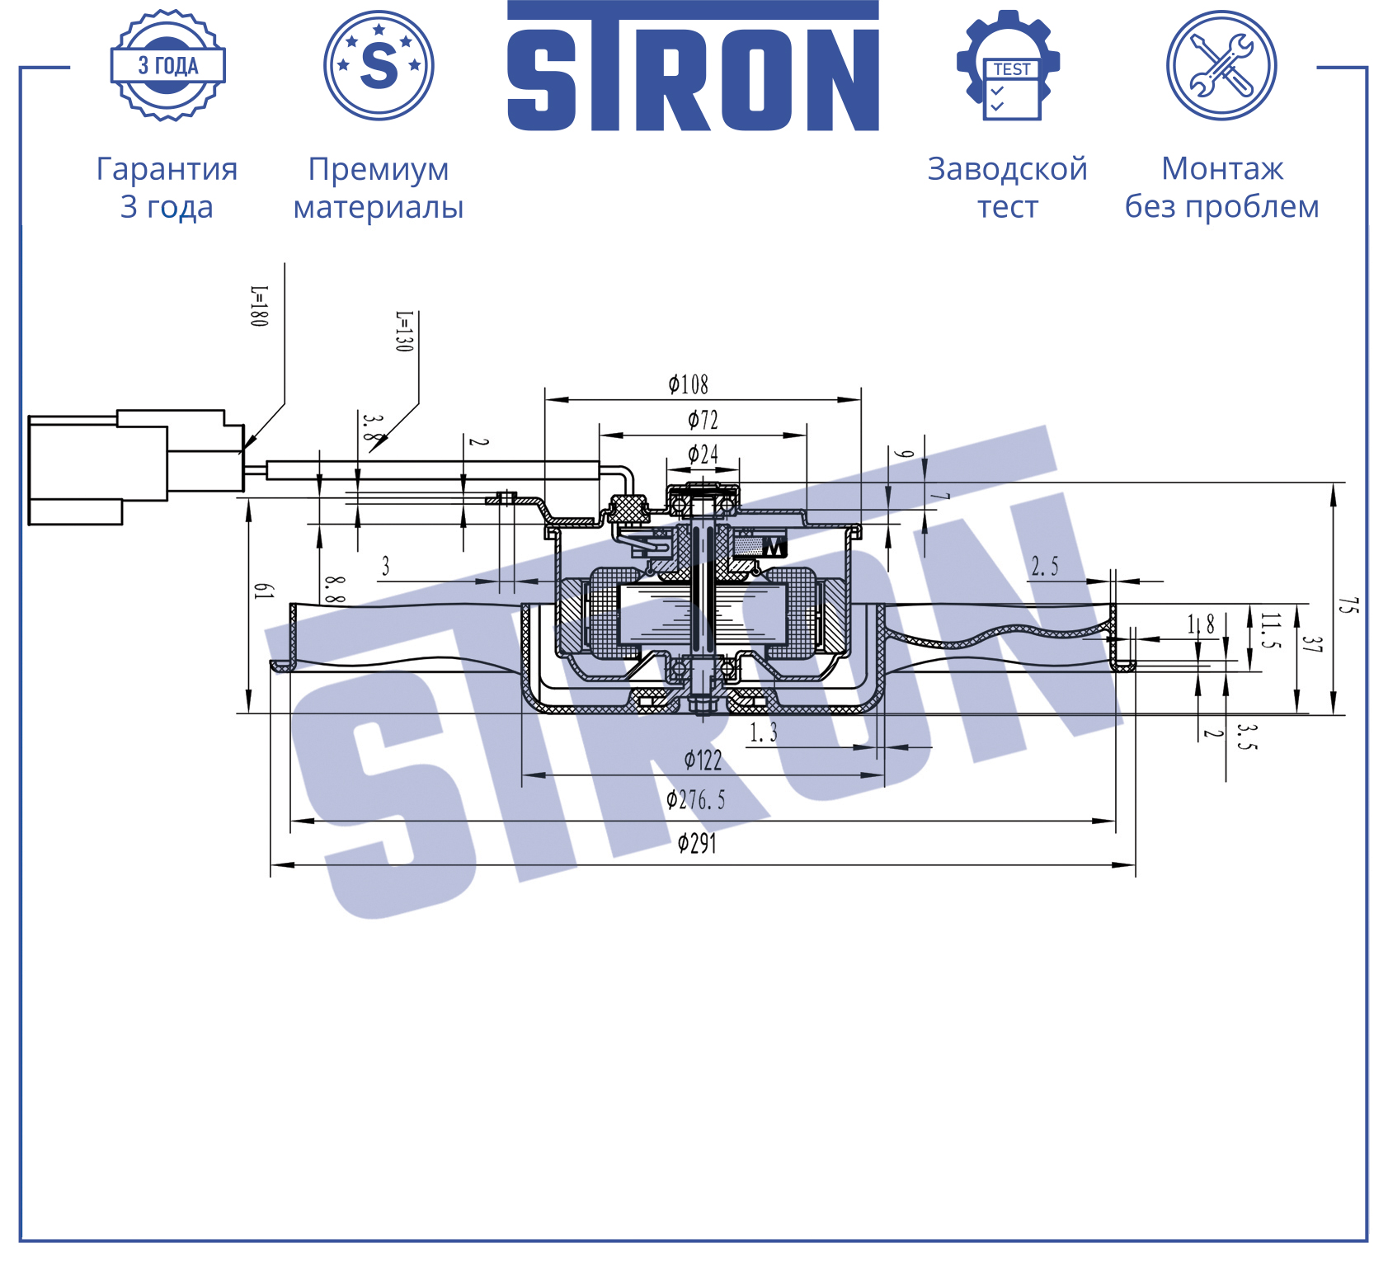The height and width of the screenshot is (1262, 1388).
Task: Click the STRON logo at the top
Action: click(693, 66)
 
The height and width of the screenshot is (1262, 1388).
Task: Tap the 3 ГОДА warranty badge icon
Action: click(168, 65)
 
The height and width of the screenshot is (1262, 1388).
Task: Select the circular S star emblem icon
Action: click(379, 65)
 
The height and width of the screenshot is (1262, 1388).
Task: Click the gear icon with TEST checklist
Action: click(1008, 65)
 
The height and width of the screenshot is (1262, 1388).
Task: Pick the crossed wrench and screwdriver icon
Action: click(1221, 65)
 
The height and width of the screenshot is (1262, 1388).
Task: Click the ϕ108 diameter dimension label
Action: click(689, 384)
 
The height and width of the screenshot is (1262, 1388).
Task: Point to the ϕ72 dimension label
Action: click(703, 421)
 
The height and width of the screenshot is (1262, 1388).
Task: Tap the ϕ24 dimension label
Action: click(703, 454)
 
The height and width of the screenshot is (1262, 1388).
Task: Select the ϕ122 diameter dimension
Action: click(703, 760)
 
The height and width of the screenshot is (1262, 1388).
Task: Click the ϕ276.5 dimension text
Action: click(695, 800)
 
